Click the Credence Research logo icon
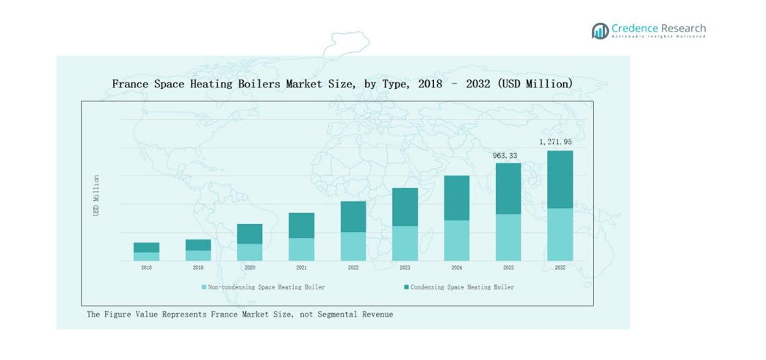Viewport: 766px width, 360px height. coord(599,31)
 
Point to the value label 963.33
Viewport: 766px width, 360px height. coord(505,155)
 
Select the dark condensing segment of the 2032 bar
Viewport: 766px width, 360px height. coord(560,179)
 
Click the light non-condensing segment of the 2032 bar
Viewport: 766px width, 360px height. coord(560,234)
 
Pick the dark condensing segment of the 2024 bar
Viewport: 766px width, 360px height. coord(456,198)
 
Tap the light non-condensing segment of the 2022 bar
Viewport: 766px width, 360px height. coord(353,246)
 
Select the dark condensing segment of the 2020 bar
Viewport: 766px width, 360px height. coord(249,234)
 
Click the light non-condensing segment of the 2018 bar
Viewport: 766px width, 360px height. coord(146,256)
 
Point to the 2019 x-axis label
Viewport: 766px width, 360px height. coord(198,268)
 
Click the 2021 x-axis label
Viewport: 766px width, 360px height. coord(301,268)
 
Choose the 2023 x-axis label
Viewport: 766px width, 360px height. coord(405,268)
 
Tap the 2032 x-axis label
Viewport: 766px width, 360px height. coord(560,268)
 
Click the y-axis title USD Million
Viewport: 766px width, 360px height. coord(96,195)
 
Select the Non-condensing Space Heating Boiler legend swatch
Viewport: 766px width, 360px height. coord(204,287)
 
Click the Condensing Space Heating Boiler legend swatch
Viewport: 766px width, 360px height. coord(406,287)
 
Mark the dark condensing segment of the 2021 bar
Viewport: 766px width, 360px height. coord(301,226)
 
